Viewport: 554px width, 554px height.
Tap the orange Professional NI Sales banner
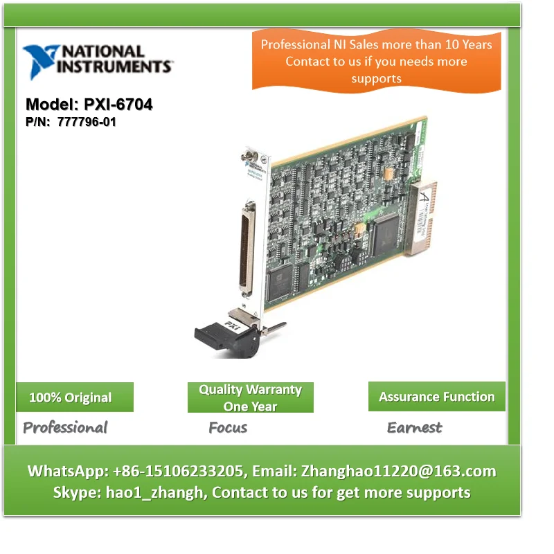376,61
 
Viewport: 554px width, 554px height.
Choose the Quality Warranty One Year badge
250,397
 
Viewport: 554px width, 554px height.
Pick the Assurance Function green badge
436,397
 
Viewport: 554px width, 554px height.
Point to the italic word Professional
65,427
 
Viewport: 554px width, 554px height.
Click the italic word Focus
228,427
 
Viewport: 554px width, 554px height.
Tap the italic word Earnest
414,427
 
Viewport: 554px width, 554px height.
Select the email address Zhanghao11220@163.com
397,472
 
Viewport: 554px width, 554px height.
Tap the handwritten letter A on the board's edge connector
425,197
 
